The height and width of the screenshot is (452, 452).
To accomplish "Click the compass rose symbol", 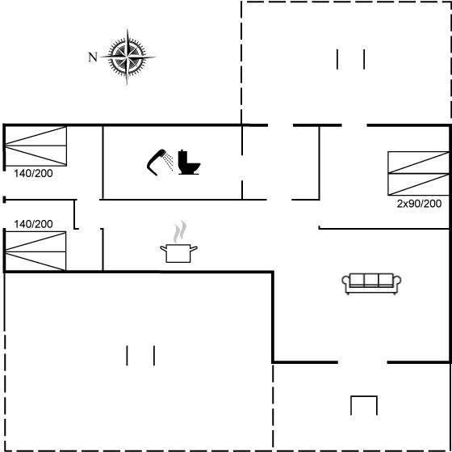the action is [x=128, y=57].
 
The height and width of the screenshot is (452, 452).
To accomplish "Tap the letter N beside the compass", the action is [x=93, y=57].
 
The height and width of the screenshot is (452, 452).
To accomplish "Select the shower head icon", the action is [x=157, y=163].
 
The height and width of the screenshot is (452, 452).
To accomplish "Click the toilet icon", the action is [x=189, y=162].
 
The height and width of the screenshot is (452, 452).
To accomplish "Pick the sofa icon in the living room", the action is [x=371, y=283].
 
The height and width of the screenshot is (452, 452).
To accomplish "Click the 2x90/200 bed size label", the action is [x=419, y=204].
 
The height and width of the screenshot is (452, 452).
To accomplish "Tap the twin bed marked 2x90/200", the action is [x=419, y=173].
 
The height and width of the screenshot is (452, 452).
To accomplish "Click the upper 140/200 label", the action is [x=33, y=173].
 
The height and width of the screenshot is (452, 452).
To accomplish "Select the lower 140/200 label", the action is [x=33, y=224].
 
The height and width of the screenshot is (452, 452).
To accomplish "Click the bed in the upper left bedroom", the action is [x=36, y=146].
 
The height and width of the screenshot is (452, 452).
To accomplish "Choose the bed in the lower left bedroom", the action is [x=36, y=251].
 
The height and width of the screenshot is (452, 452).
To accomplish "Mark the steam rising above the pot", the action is [x=179, y=231].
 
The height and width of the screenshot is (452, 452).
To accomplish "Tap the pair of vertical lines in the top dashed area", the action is [x=350, y=59].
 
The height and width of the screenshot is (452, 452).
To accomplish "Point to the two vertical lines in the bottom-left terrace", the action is [x=140, y=355].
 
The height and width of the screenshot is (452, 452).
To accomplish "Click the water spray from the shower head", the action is [x=168, y=161].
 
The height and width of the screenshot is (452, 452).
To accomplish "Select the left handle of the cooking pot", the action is [x=163, y=248].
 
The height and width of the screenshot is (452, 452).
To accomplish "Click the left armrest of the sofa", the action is [x=345, y=282].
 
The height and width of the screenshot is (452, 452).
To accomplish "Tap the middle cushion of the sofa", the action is [x=371, y=280].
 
